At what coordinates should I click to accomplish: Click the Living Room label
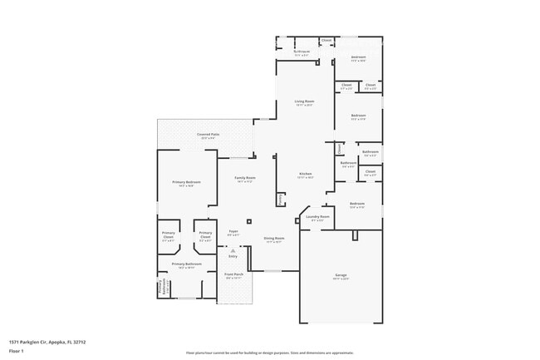coord(304,101)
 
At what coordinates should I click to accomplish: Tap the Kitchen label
coord(306,174)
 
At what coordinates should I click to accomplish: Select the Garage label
coord(341,275)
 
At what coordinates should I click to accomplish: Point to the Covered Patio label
coord(208,134)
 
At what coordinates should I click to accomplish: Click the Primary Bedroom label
coord(187,182)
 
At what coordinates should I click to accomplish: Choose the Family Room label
coord(244,178)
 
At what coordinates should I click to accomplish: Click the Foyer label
coord(233,232)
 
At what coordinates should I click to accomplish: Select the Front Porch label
coord(233,274)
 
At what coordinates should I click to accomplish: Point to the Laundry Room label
coord(317,217)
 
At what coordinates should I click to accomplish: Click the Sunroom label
coord(302,52)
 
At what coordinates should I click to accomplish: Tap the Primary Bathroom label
coord(187,264)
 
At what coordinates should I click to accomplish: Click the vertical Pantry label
coord(281,200)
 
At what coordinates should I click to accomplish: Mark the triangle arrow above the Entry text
coord(233,250)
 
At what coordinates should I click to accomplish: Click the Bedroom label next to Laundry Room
coord(357,204)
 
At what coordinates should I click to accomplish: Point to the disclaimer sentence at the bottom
coord(270,353)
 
